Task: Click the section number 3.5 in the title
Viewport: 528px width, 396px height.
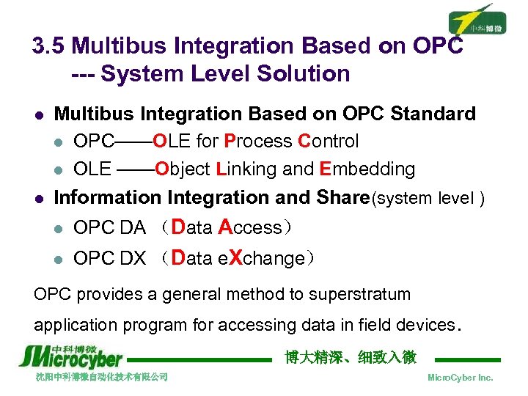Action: tap(49, 46)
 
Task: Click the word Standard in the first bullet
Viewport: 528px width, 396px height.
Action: tap(433, 114)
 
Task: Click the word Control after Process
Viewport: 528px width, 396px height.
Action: tap(328, 142)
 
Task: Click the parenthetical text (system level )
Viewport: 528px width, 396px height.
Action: tap(428, 199)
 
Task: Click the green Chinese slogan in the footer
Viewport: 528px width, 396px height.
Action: tap(350, 357)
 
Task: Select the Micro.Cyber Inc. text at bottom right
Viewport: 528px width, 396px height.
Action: tap(460, 378)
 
